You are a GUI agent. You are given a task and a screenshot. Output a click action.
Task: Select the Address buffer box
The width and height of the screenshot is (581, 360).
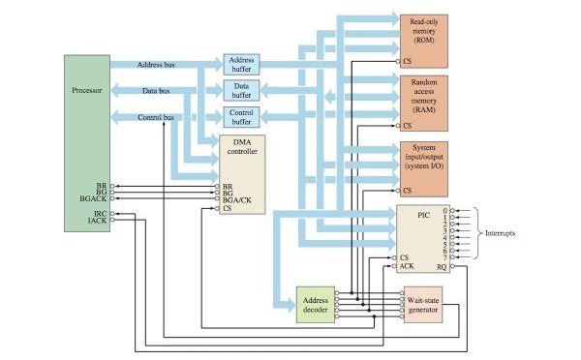pos(240,65)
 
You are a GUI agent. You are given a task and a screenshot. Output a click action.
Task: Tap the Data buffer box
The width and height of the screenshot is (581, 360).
pos(240,91)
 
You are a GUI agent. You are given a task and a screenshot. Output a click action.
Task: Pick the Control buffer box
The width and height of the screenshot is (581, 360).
pos(240,117)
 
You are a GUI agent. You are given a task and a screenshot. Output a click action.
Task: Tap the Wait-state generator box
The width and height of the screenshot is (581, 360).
pos(428,309)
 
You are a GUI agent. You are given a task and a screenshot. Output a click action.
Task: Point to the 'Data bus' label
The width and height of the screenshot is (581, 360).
pos(157,91)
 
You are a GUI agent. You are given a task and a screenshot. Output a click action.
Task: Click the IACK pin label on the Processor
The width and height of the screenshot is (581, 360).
pos(99,220)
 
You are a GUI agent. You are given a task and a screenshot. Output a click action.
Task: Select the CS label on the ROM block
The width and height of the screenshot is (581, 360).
pos(408,61)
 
